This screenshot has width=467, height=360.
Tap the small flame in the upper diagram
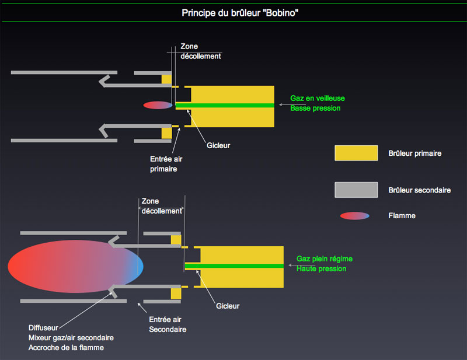click(x=158, y=106)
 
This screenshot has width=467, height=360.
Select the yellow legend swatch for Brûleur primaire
click(x=356, y=153)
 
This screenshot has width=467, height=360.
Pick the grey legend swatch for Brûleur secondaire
click(x=356, y=190)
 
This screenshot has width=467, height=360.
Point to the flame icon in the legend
click(x=355, y=216)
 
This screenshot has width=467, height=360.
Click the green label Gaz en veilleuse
click(x=316, y=99)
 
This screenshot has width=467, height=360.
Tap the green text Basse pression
click(x=315, y=109)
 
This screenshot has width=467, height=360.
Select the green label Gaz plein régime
click(x=325, y=258)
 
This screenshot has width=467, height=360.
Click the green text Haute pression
click(x=321, y=268)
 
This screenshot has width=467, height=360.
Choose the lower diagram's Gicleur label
click(x=228, y=306)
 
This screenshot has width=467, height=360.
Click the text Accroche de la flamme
click(x=66, y=348)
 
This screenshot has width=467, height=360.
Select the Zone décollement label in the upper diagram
click(x=200, y=51)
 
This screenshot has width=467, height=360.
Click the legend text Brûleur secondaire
click(x=419, y=190)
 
